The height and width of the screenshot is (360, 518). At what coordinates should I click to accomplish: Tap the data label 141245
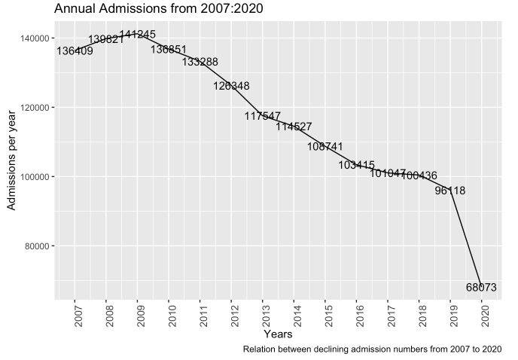pos(137,35)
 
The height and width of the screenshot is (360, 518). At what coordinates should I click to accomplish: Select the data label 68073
pos(481,287)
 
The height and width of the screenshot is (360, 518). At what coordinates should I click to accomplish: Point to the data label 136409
pos(75,51)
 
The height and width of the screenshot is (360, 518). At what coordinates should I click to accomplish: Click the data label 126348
pos(231,86)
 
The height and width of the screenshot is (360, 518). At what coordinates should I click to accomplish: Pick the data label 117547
pos(262,116)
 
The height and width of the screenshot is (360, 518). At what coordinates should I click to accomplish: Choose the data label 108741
pos(325,146)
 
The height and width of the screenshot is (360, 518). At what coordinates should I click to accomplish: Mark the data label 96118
pos(450,191)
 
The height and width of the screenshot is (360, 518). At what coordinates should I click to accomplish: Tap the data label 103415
pos(356,165)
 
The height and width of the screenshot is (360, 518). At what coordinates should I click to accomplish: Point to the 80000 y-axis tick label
pos(37,246)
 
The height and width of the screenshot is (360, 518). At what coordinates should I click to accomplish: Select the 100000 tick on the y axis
pos(35,177)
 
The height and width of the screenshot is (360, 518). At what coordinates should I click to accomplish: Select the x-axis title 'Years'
pos(278,333)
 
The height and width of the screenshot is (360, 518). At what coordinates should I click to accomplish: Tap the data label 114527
pos(294,127)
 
